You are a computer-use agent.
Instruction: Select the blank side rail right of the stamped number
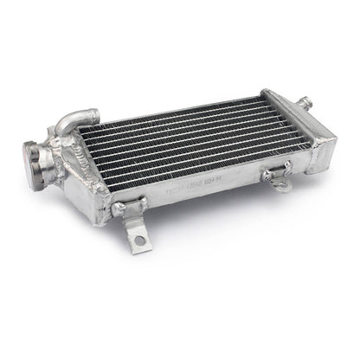242,173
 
